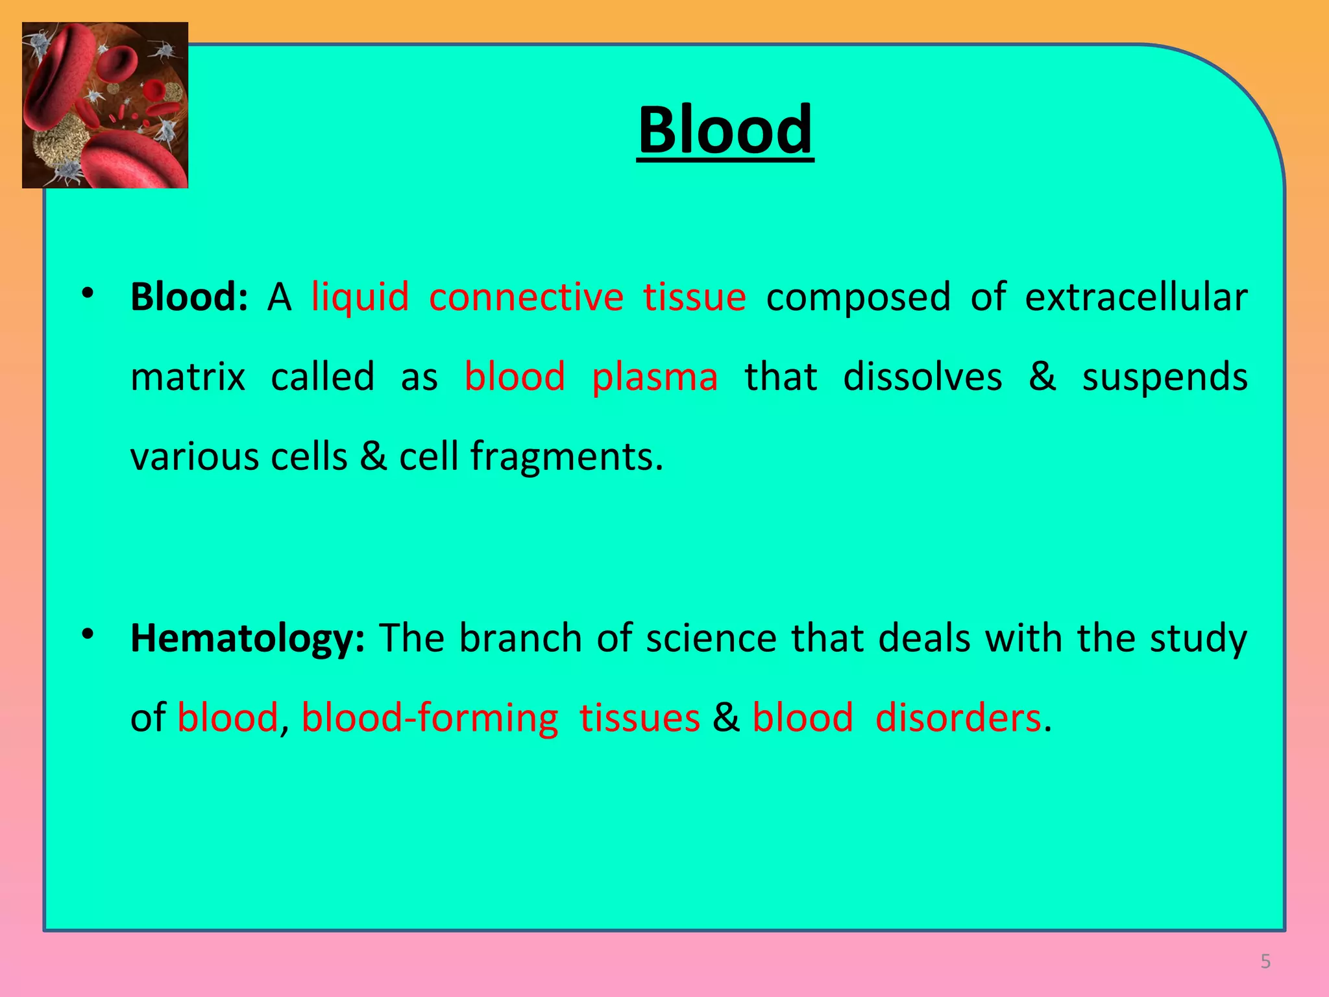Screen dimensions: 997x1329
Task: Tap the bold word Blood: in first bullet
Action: coord(189,297)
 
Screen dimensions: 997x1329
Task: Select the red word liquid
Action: coord(360,297)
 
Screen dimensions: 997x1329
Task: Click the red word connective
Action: coord(526,297)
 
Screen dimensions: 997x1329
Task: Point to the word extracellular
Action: coord(1136,297)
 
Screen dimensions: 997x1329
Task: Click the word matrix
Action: coord(188,377)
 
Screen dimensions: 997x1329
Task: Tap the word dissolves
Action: coord(922,377)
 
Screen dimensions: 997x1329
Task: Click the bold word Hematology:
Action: coord(247,639)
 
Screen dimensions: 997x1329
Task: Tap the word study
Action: coord(1198,639)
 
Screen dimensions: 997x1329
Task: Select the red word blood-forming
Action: coord(430,719)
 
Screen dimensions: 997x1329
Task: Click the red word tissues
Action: coord(639,719)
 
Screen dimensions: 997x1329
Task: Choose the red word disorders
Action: coord(958,719)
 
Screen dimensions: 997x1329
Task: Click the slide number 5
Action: coord(1265,961)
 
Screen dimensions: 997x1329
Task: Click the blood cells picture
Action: coord(105,105)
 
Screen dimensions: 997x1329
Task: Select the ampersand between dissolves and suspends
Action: coord(1042,377)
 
